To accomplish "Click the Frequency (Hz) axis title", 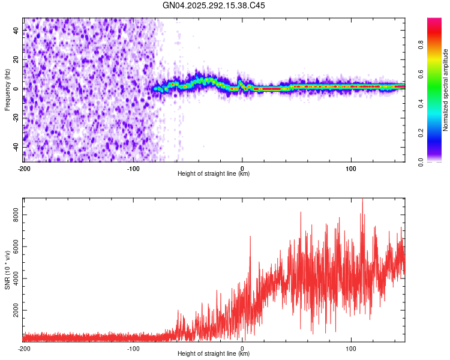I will pos(7,89).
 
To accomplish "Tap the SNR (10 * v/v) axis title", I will pos(7,269).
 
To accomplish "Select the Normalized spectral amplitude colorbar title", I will pos(446,90).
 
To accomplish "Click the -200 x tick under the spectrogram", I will pos(24,168).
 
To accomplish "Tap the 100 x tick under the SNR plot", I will pos(351,348).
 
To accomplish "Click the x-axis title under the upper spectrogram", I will pos(214,174).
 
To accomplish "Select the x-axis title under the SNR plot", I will pos(214,354).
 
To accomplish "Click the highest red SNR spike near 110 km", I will pos(362,200).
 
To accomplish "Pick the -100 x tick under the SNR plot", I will pos(133,348).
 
